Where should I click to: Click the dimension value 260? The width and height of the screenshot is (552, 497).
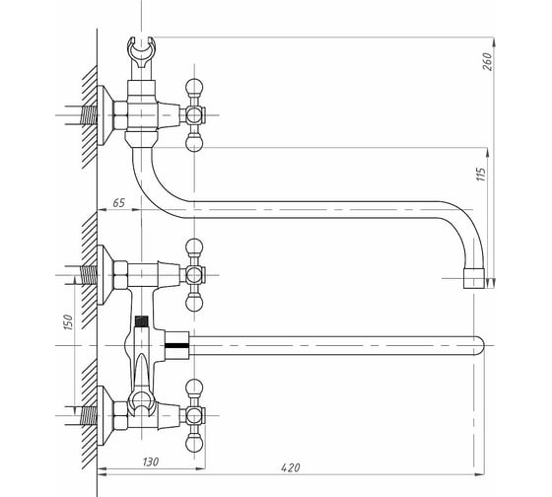[x=488, y=61]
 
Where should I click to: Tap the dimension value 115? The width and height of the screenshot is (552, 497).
[x=481, y=175]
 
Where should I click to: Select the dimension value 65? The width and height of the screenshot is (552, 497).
[x=118, y=203]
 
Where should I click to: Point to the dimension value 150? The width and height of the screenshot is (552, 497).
[x=68, y=321]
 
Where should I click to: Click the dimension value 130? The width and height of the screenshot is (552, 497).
[x=151, y=461]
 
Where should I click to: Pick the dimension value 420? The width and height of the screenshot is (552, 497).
[x=291, y=467]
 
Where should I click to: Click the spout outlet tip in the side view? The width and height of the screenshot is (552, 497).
[x=474, y=278]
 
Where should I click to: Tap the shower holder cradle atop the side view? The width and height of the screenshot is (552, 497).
[x=141, y=52]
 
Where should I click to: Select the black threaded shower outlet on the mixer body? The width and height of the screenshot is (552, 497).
[x=142, y=320]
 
